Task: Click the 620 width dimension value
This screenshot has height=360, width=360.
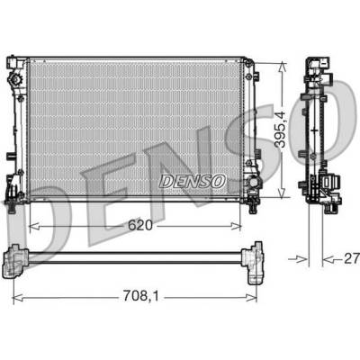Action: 140,225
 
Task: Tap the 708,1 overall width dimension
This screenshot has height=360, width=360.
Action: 140,296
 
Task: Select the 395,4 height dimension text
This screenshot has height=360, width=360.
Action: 281,129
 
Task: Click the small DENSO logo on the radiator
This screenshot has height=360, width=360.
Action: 193,182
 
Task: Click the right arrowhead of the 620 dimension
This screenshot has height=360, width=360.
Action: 236,226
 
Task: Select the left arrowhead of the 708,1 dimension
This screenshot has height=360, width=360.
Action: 18,300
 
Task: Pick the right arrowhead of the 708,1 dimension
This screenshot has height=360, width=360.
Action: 251,300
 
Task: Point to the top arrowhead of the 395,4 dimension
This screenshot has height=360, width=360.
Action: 282,67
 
